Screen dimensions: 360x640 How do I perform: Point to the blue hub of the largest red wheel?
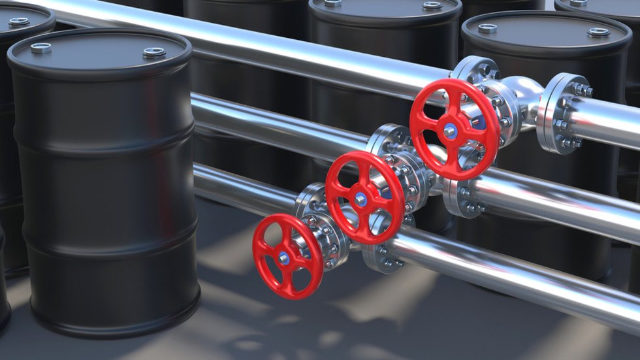pos(450,131)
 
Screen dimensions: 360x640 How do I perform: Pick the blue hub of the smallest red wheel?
pos(285,258)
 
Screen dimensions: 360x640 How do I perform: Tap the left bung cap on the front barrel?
pos(41,47)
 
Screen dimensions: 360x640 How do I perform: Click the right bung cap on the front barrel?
pos(154,52)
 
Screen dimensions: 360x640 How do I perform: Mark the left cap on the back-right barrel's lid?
pos(487,27)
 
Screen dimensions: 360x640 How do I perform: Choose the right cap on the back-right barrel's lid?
pos(598,31)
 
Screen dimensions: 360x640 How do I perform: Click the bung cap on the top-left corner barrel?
pos(19,22)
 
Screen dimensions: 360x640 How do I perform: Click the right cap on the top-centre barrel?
pos(432,5)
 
